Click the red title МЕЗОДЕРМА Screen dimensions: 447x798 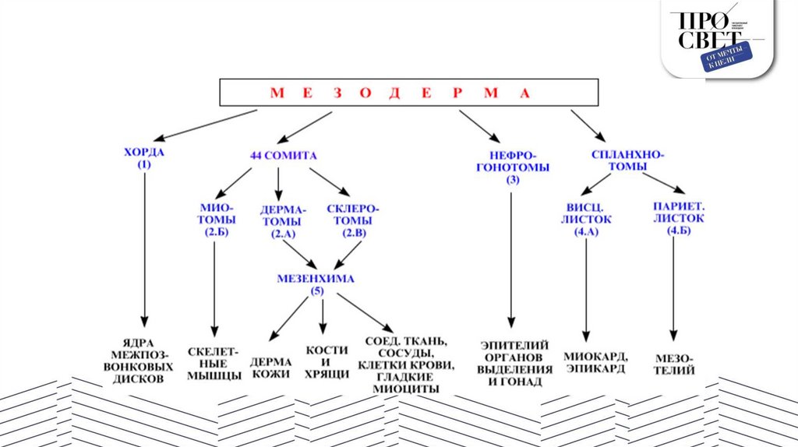pyautogui.click(x=399, y=93)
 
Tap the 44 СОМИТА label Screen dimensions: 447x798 pyautogui.click(x=283, y=156)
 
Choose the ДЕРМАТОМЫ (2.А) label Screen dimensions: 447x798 pyautogui.click(x=283, y=221)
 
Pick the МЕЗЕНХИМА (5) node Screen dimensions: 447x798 pyautogui.click(x=316, y=283)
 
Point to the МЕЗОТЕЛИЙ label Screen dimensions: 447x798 pyautogui.click(x=675, y=363)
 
